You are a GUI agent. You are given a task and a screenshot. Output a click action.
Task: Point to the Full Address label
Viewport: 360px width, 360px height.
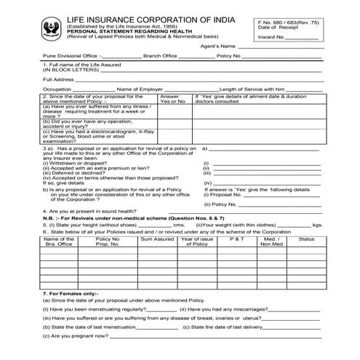click(x=58, y=79)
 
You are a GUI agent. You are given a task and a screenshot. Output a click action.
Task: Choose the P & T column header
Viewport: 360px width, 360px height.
click(x=237, y=239)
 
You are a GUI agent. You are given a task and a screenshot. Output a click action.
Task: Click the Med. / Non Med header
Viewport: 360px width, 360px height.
click(x=271, y=241)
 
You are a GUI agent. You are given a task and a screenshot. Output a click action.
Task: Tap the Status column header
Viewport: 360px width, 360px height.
click(x=306, y=239)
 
